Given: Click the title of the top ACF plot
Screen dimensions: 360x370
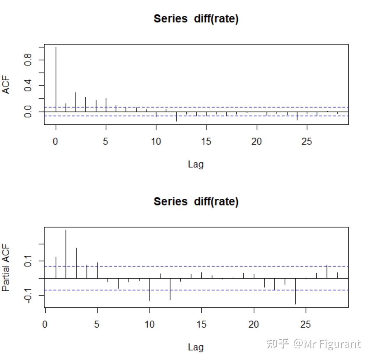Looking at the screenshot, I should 196,19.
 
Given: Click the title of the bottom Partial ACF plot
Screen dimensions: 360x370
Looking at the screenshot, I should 196,202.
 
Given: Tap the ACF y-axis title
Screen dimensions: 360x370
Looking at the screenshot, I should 6,85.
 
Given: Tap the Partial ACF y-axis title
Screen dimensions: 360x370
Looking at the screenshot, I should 6,268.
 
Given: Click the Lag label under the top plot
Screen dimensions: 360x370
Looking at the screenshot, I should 195,164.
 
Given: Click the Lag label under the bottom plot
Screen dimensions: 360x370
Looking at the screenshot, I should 195,347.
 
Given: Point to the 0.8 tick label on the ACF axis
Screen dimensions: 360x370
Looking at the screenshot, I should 28,60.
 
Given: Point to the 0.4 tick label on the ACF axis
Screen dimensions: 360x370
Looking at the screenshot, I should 28,85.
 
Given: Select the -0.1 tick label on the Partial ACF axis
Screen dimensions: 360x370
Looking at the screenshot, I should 28,295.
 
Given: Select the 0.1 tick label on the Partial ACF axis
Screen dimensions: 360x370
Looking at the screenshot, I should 28,261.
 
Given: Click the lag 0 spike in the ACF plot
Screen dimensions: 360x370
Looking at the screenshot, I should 56,79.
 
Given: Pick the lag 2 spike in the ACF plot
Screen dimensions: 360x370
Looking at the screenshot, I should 76,102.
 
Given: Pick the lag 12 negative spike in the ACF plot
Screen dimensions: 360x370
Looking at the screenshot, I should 177,117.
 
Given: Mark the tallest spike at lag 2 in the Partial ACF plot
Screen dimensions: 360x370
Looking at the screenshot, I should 66,253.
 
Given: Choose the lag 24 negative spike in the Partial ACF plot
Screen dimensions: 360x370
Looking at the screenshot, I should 295,291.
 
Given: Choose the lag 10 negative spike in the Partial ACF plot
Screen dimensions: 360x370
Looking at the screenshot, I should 150,290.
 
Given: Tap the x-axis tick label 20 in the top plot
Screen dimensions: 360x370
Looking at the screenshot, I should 256,142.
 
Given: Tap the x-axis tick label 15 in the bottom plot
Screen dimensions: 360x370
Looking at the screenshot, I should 201,324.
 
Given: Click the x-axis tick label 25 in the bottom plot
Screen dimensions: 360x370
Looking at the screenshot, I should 306,324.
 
